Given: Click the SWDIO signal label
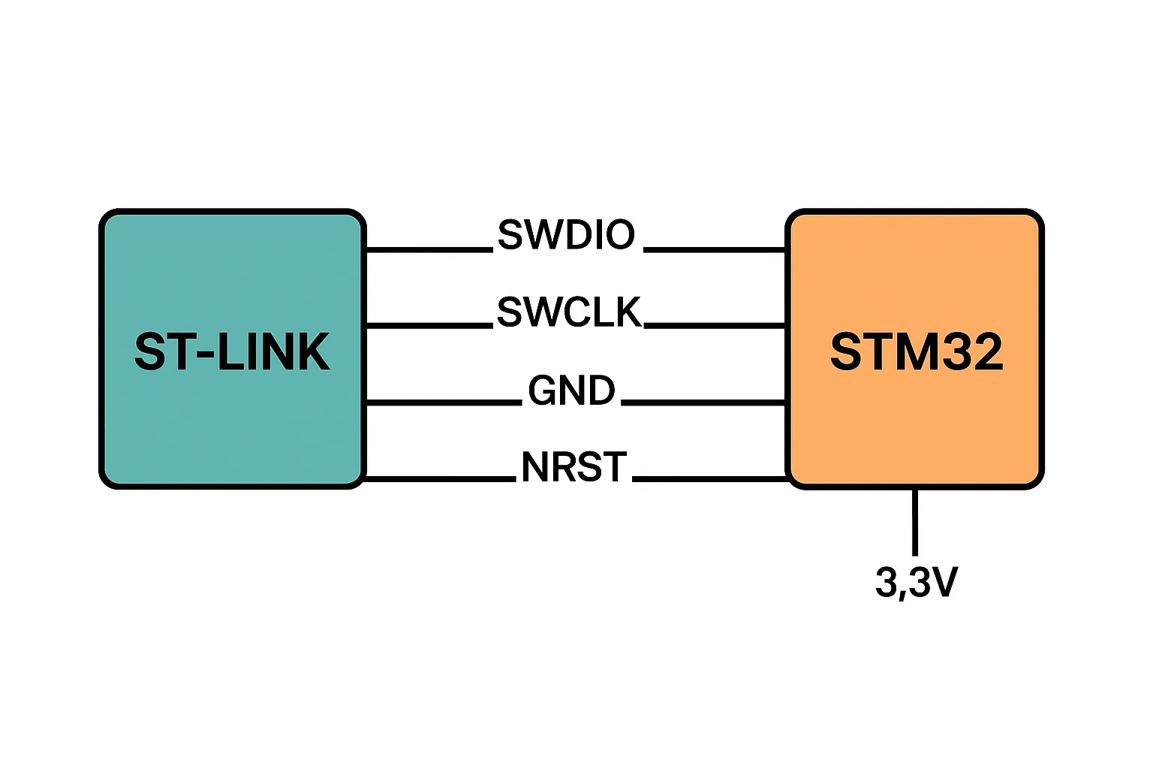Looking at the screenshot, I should coord(566,236).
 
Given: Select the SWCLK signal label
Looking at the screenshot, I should coord(569,312).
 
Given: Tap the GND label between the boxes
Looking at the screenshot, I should coord(571,391).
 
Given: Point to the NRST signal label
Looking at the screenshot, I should coord(573,467).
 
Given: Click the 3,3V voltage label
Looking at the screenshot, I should coord(916,582).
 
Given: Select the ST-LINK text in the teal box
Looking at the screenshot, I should coord(232,351).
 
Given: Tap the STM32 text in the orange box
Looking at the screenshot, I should coord(916,351).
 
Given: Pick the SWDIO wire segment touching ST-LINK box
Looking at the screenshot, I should coord(428,249).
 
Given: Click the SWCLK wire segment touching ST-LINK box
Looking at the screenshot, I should coord(428,326).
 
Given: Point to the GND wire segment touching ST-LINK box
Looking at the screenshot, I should coord(443,403).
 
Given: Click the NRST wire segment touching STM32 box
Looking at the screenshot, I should coord(709,478).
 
